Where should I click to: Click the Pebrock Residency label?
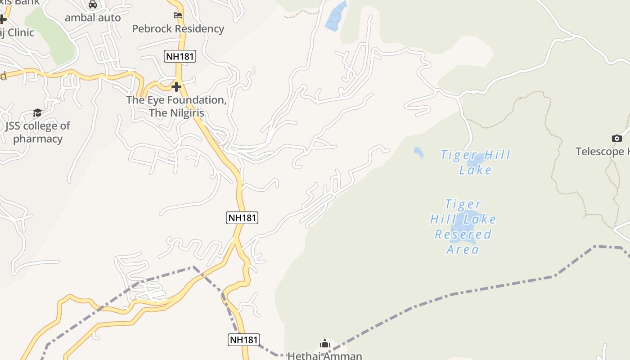178,29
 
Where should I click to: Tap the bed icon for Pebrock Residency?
178,16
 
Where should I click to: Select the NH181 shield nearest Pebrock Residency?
180,56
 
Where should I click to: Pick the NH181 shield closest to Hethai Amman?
244,340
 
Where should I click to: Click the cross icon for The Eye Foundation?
176,86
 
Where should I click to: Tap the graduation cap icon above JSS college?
37,112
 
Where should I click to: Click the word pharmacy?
38,139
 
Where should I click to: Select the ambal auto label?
93,18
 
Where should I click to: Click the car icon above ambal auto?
93,4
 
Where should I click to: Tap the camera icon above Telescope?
616,138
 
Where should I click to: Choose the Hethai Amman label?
324,356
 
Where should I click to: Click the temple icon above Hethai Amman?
325,344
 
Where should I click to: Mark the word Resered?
463,234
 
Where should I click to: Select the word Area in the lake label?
463,249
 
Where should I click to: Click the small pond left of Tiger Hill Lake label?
418,152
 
